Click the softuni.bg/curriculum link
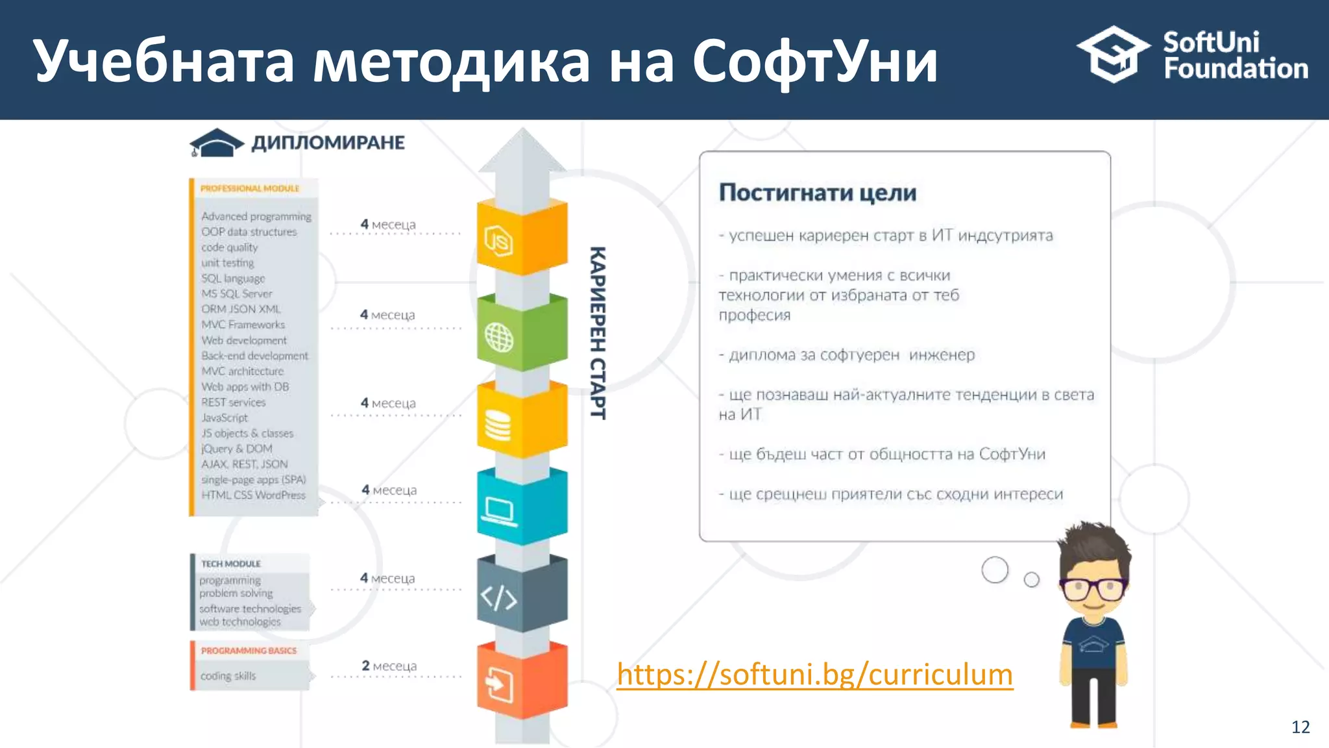(x=814, y=675)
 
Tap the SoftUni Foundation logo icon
(x=1114, y=55)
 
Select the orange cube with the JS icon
(x=522, y=238)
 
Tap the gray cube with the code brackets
(x=522, y=595)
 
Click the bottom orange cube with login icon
(x=522, y=682)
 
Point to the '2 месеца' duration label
(x=389, y=666)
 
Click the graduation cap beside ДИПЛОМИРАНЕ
(x=216, y=143)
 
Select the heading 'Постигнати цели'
(x=818, y=193)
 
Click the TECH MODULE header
(x=231, y=564)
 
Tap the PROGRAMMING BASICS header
(x=249, y=651)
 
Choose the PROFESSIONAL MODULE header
(x=250, y=188)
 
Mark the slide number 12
(x=1300, y=727)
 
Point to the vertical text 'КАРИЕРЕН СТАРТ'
(x=598, y=332)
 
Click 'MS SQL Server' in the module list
(x=236, y=293)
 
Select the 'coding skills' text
(x=228, y=676)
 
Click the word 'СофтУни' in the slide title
(x=815, y=62)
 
